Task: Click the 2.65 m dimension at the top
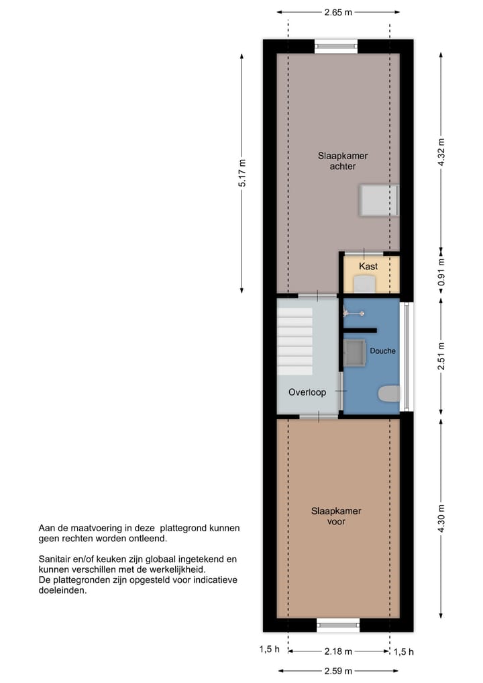tap(338, 12)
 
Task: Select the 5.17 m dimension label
tap(243, 176)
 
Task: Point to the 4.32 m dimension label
tap(441, 152)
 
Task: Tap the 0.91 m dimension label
tap(441, 274)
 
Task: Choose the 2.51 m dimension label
tap(441, 356)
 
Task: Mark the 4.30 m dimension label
tap(441, 518)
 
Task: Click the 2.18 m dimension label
tap(338, 651)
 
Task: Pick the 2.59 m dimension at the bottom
tap(338, 670)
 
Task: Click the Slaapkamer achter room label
tap(343, 161)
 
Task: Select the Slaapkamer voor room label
tap(336, 516)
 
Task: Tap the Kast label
tap(368, 267)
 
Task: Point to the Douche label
tap(382, 351)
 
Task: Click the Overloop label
tap(307, 392)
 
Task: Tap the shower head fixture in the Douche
tap(354, 313)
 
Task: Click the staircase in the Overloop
tap(295, 341)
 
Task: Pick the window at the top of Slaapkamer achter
tap(336, 47)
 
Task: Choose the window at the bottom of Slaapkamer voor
tap(338, 625)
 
